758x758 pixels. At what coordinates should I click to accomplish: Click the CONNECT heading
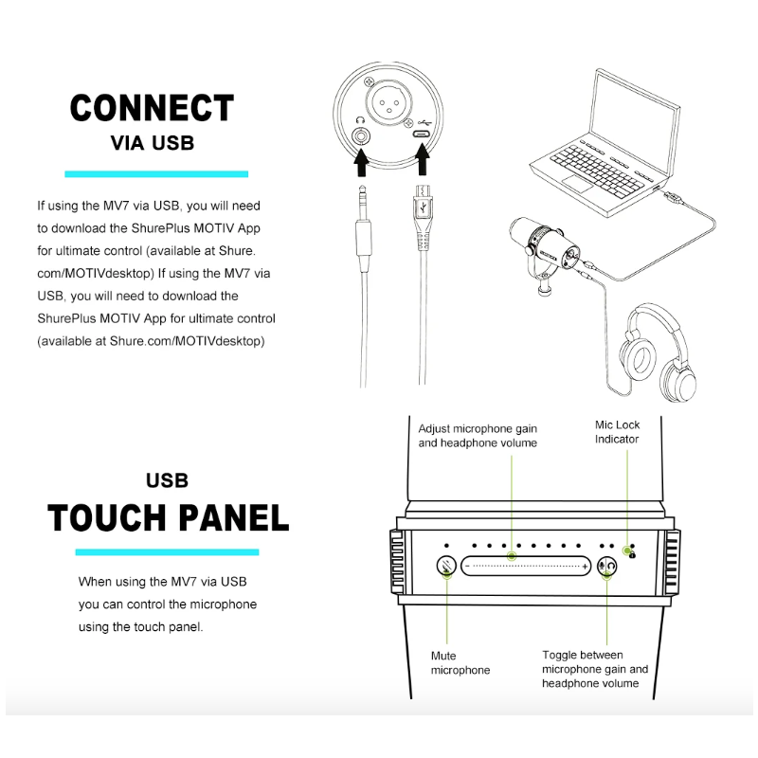click(x=152, y=108)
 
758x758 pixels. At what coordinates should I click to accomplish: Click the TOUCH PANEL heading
click(x=168, y=518)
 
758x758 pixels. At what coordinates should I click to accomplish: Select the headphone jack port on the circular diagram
click(x=361, y=135)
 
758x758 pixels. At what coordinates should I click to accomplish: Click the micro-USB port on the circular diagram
click(x=421, y=135)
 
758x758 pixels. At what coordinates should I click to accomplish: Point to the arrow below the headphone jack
click(x=361, y=164)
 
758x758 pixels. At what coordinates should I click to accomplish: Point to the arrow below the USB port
click(x=421, y=164)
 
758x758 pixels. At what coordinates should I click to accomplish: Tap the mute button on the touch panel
click(x=446, y=566)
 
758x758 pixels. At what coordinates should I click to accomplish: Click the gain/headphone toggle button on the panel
click(x=607, y=566)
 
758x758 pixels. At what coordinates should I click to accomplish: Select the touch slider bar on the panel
click(x=527, y=566)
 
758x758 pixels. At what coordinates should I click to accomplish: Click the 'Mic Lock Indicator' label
click(x=617, y=432)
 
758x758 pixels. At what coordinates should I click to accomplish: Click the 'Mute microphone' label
click(x=460, y=662)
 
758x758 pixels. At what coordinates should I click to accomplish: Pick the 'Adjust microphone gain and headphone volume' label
click(x=478, y=436)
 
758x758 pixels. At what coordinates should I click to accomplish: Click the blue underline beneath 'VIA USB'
click(x=155, y=174)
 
